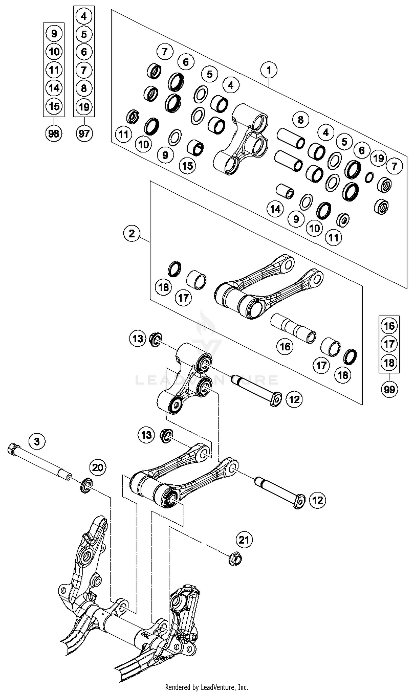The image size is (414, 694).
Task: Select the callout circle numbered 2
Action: [x=132, y=233]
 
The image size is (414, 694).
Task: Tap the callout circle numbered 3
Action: [x=37, y=441]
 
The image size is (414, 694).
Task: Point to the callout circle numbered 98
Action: [x=54, y=134]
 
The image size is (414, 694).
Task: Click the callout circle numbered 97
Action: [x=84, y=134]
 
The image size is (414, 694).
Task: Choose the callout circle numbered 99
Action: [x=389, y=389]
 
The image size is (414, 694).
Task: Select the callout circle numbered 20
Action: [x=98, y=467]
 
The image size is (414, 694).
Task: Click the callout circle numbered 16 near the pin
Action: [x=285, y=347]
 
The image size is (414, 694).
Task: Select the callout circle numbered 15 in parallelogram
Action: [x=187, y=166]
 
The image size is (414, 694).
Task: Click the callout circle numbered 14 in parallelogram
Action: [x=275, y=209]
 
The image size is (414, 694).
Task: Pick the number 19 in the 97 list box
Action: [x=84, y=107]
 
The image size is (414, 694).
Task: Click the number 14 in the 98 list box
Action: [x=54, y=88]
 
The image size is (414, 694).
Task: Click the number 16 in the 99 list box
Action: [x=389, y=326]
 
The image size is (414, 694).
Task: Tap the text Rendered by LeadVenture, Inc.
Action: [x=207, y=687]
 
